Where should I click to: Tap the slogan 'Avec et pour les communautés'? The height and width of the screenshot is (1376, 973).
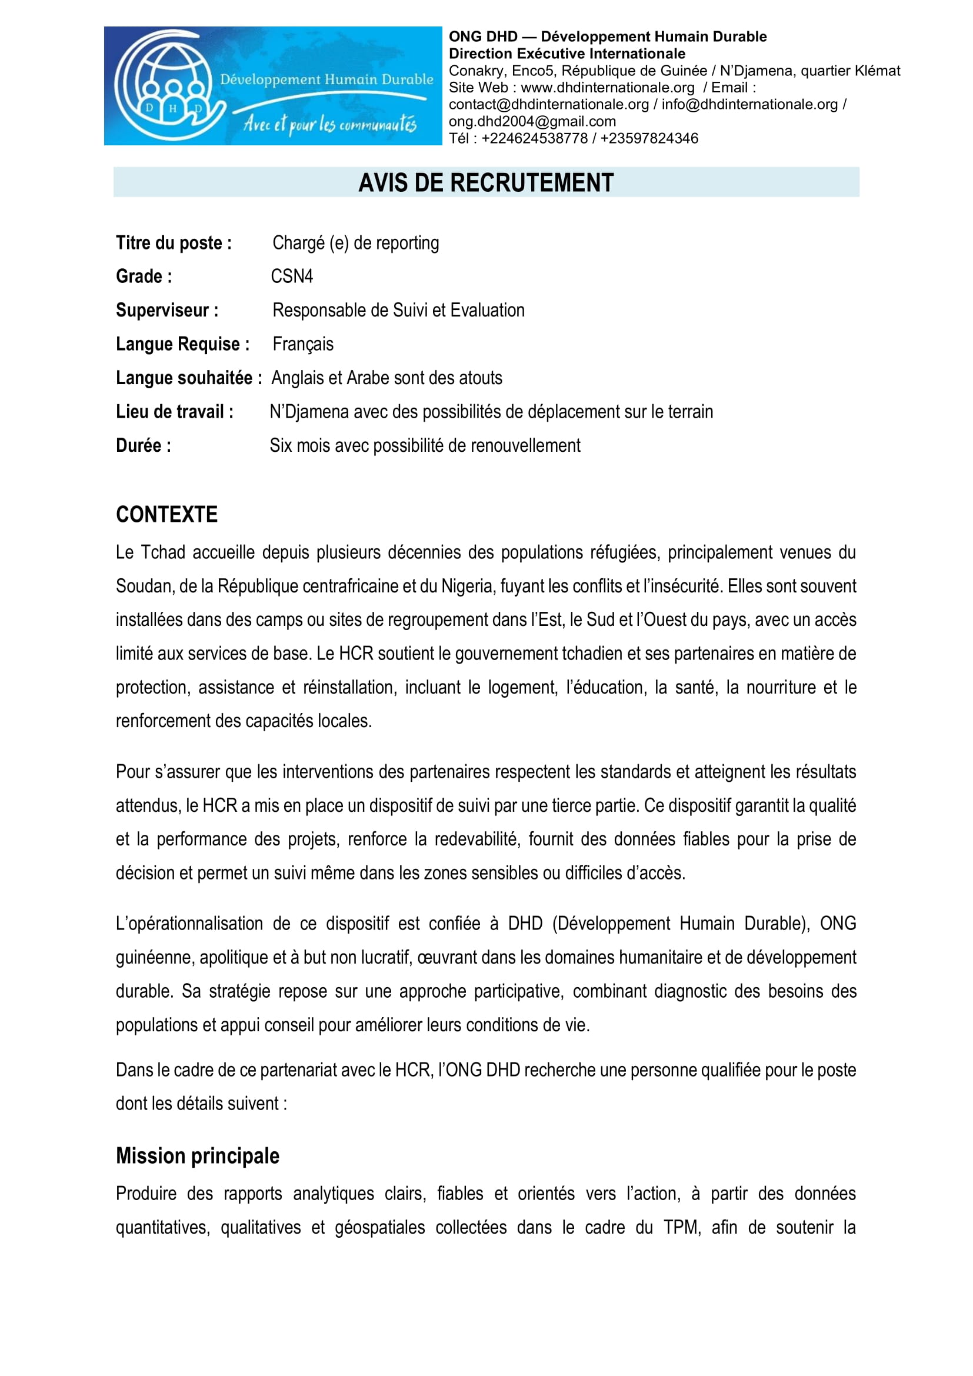click(x=329, y=124)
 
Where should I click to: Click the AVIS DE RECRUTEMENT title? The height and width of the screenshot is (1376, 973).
click(x=486, y=183)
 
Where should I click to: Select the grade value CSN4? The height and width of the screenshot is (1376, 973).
click(x=292, y=276)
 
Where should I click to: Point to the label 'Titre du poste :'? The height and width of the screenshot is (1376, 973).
click(x=174, y=243)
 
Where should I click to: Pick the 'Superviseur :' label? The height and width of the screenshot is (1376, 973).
click(x=167, y=311)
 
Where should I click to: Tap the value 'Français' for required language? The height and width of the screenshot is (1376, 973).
click(x=302, y=344)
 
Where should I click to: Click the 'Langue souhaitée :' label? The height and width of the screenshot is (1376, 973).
click(x=189, y=378)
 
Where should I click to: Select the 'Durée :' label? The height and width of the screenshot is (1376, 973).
click(x=144, y=446)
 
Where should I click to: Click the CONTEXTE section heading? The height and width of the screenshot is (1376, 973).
click(x=166, y=515)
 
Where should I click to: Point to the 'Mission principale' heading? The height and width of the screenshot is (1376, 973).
click(x=198, y=1156)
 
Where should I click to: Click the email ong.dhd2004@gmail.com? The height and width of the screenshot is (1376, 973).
click(x=532, y=122)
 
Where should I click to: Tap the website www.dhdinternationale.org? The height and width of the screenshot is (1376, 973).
click(x=608, y=88)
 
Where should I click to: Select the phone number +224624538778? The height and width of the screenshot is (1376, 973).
click(x=534, y=138)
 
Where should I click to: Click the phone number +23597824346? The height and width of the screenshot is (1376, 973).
click(x=649, y=138)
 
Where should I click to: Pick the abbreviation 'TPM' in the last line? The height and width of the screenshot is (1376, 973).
click(x=681, y=1228)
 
